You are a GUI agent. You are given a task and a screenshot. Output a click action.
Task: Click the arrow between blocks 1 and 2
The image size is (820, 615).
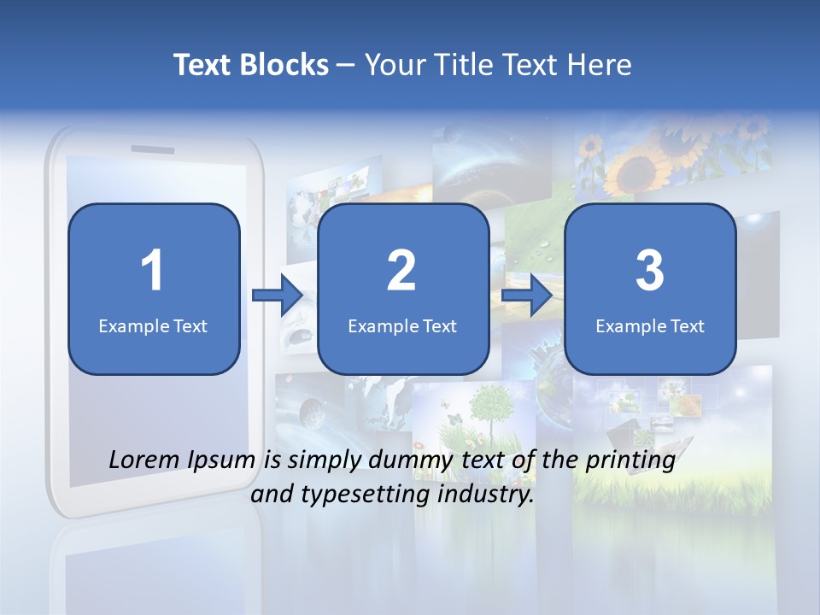tap(278, 296)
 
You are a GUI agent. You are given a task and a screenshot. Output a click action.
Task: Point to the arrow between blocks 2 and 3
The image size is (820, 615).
tap(527, 296)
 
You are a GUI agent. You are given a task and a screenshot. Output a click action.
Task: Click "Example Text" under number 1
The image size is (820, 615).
tap(153, 325)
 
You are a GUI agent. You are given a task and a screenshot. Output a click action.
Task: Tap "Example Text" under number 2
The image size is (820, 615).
tap(402, 325)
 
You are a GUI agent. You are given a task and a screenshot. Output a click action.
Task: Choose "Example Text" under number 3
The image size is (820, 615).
tap(650, 325)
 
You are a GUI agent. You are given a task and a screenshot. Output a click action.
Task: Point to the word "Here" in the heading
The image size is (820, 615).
tap(600, 65)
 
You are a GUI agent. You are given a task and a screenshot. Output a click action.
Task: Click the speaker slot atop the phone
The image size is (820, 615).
tap(152, 149)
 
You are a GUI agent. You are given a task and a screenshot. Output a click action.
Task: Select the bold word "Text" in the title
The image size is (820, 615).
tap(203, 65)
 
